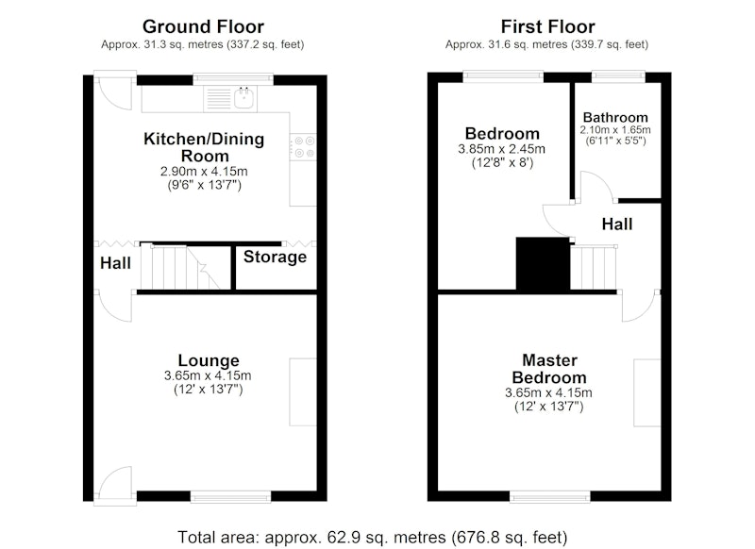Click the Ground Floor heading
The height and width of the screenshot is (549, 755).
point(203,26)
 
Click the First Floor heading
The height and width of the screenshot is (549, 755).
point(548,26)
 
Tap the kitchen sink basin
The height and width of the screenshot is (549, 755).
point(244,98)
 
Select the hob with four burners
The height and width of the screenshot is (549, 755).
point(303,147)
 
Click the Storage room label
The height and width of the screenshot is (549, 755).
point(275,257)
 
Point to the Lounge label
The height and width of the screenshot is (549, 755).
point(209,360)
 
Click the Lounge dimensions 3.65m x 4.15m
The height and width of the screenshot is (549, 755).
point(208,375)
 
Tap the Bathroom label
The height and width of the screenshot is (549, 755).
point(615,117)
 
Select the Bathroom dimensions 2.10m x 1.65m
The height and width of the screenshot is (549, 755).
point(615,130)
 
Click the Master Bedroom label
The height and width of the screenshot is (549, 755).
point(549,369)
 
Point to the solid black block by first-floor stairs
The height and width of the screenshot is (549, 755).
point(543,264)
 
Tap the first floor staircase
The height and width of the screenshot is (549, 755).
point(594,268)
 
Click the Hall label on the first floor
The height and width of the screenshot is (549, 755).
point(617,225)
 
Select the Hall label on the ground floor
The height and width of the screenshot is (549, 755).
point(115,263)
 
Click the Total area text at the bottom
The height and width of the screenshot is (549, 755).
point(373,537)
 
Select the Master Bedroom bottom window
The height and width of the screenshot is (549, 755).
point(550,497)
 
